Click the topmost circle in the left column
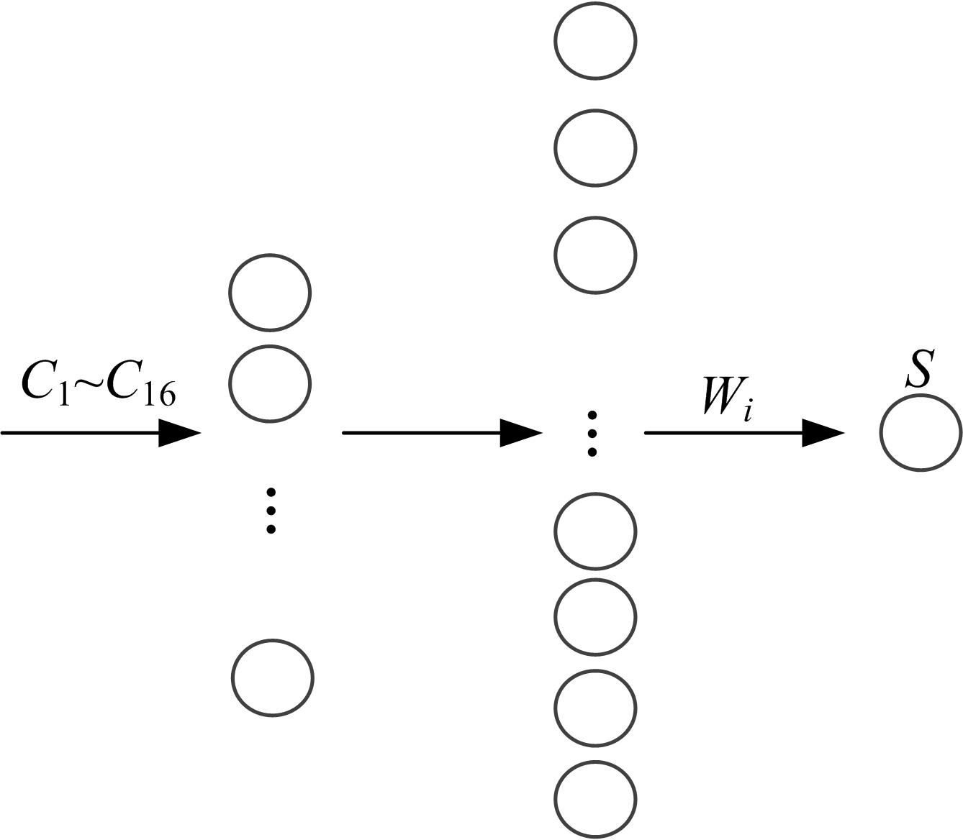coord(270,293)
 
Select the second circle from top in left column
coord(270,383)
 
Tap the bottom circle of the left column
coord(273,678)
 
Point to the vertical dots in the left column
coord(271,511)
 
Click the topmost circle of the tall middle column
coord(595,40)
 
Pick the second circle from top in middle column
coord(595,148)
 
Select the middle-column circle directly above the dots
coord(595,255)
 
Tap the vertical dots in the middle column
coord(592,434)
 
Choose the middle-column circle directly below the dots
coord(595,531)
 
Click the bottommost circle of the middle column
coord(595,798)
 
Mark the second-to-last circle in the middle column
coord(595,708)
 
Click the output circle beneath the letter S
coord(921,433)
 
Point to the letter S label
coord(919,369)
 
